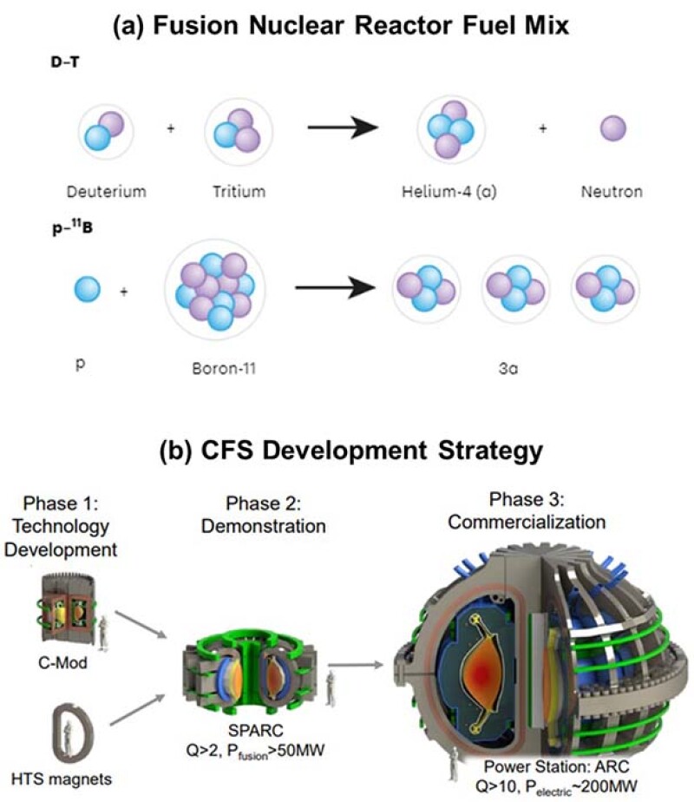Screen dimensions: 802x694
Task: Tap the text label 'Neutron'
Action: [613, 191]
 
